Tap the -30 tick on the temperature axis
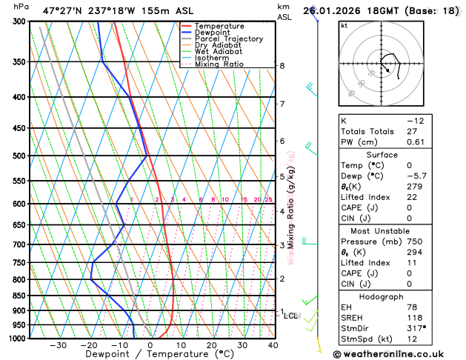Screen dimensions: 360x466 point(59,345)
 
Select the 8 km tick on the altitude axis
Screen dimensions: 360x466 point(282,65)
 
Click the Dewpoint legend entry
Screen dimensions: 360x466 point(213,33)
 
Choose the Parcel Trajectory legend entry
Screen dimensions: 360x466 point(228,39)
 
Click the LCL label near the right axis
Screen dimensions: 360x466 point(291,316)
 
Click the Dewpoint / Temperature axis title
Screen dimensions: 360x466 point(148,355)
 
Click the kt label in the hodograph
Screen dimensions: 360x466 point(344,26)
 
